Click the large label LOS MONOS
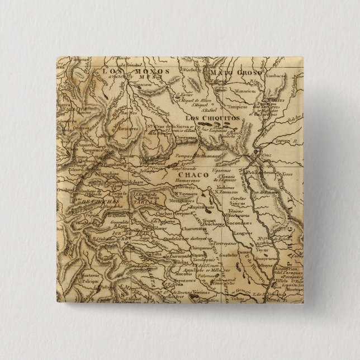(x=122, y=72)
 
